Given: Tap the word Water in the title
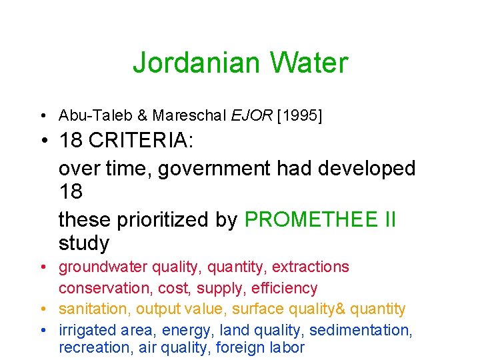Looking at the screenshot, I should click(x=308, y=63).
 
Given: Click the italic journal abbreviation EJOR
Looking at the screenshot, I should click(x=251, y=115).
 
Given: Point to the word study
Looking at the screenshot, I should click(x=83, y=243).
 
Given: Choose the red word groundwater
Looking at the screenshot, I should click(x=103, y=267).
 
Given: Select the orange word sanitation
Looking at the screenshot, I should click(x=95, y=309).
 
